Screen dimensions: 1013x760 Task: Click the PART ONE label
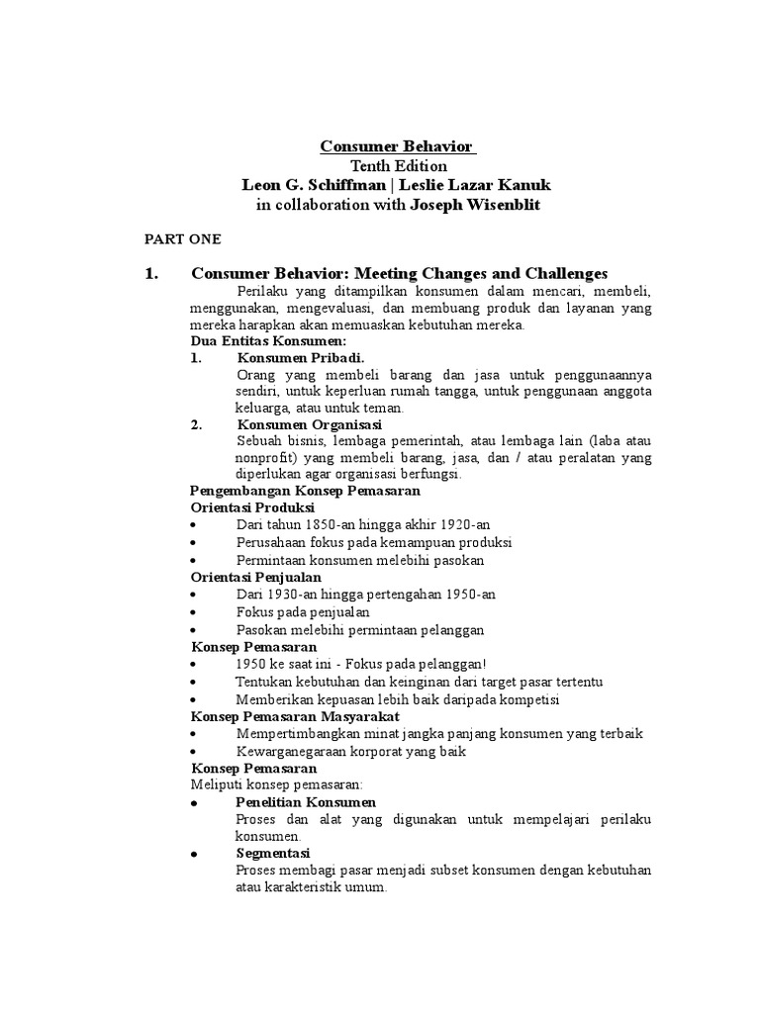183,239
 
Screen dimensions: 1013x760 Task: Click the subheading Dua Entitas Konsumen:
257,341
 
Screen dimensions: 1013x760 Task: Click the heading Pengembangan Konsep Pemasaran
305,491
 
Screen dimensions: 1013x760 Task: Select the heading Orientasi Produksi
251,507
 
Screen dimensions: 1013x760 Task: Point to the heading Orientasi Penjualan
254,577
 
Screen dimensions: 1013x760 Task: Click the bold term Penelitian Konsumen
306,802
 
